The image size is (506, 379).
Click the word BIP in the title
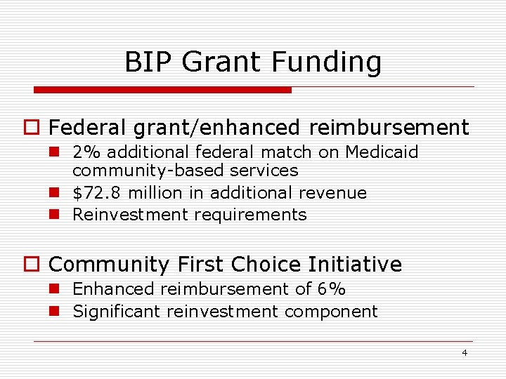coord(148,62)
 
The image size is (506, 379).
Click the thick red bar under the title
coord(162,90)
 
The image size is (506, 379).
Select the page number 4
coord(464,352)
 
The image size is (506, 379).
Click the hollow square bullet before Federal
coord(37,128)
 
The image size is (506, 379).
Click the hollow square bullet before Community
coord(37,265)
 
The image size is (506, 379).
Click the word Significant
coord(117,312)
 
